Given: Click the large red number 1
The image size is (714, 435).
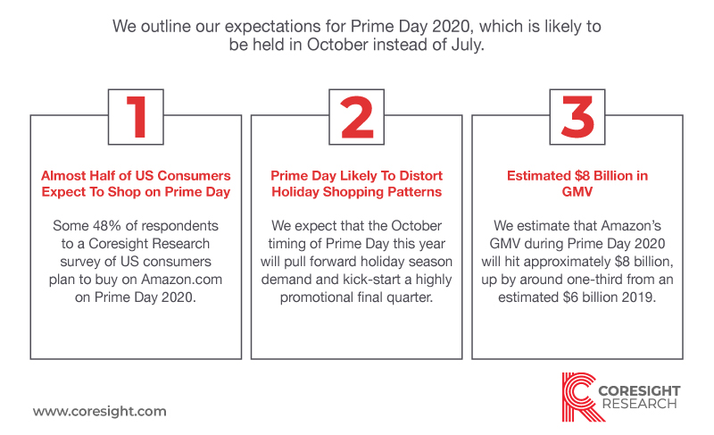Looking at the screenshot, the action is coord(137,117).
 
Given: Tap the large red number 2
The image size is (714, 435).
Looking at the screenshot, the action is coord(357,117).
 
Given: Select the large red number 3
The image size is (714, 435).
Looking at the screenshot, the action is coord(577,117).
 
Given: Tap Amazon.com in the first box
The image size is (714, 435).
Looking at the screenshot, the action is coord(182,280).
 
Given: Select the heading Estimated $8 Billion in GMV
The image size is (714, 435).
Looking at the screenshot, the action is coord(577,184).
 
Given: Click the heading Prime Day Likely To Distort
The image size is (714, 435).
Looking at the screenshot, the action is coord(356,176).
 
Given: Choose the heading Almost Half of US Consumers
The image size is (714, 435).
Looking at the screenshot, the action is coord(136,176).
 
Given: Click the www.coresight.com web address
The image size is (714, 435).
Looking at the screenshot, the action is coord(100,411).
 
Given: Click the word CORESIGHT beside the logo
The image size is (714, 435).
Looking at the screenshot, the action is coord(639,390).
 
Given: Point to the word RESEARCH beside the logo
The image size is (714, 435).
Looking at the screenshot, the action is coord(639,404).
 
